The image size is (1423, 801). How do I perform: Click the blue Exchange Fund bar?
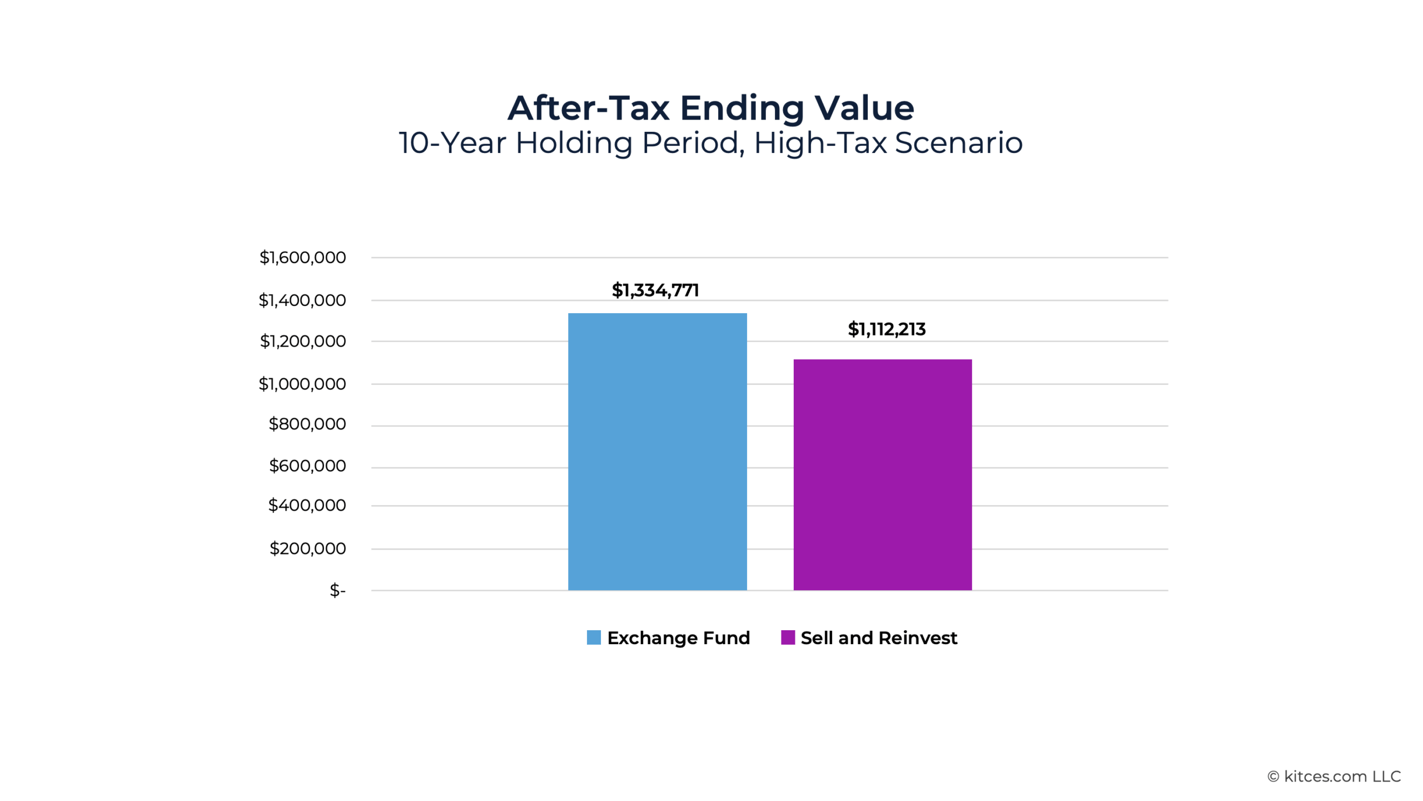[657, 451]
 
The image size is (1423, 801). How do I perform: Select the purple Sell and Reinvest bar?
[882, 474]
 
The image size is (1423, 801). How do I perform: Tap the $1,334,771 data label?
[655, 290]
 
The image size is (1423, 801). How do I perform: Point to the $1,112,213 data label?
[886, 329]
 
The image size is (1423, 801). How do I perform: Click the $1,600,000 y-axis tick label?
[302, 258]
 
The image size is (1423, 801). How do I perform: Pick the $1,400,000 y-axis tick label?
[302, 300]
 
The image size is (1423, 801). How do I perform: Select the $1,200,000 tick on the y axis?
[302, 341]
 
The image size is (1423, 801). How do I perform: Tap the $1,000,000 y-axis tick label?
[302, 384]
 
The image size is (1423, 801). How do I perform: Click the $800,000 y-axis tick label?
[307, 424]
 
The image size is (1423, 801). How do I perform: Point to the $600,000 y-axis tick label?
[307, 466]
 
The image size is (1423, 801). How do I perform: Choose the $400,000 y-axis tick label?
[307, 506]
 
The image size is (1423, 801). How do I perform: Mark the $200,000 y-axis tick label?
[307, 548]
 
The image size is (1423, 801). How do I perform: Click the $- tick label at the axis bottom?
[337, 590]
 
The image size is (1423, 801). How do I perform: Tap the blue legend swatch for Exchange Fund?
[594, 637]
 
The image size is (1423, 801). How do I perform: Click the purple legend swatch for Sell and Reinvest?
[788, 637]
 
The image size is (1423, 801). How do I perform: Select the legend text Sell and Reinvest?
[879, 638]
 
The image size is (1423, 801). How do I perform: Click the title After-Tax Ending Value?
[710, 108]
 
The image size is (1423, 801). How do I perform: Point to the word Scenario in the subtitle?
[958, 143]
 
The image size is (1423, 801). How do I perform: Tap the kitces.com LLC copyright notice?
[1334, 777]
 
